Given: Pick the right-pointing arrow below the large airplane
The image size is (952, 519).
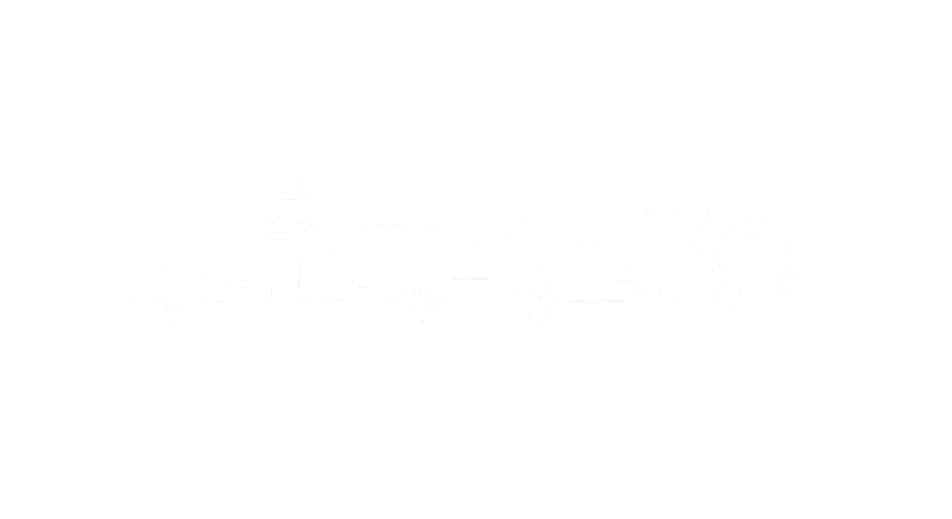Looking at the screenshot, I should [473, 278].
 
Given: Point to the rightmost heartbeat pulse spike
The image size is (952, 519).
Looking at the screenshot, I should [540, 297].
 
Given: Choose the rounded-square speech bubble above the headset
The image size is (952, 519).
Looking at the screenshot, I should [667, 211].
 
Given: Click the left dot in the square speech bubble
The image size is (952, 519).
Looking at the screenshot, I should [650, 210].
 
